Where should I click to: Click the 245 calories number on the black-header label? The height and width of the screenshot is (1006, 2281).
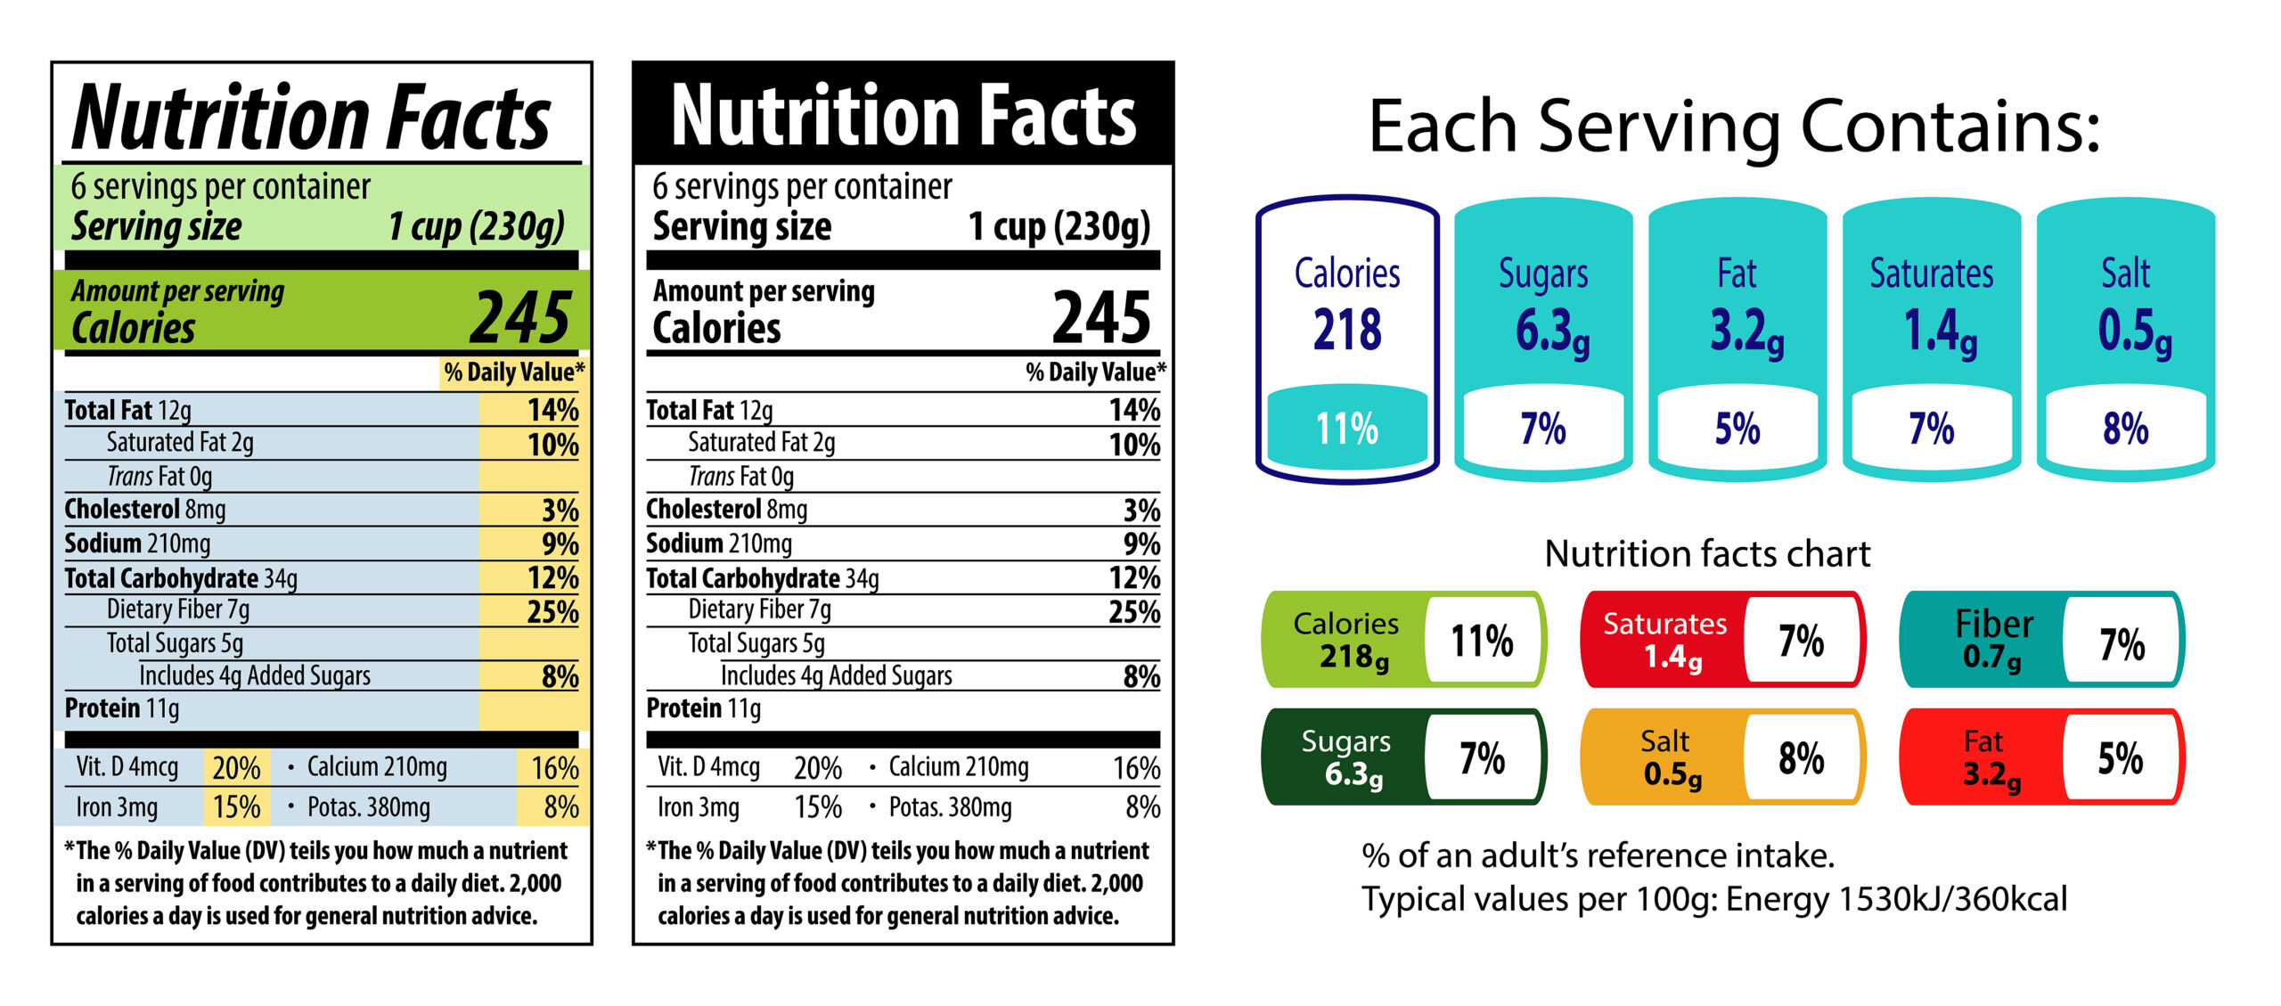click(x=1101, y=317)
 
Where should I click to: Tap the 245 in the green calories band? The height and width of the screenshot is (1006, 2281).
click(x=520, y=317)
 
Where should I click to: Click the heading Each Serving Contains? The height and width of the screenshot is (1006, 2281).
click(x=1733, y=127)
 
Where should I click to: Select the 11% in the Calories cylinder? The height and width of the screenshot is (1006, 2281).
click(x=1347, y=429)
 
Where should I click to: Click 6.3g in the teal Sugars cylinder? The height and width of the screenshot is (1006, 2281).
click(x=1551, y=331)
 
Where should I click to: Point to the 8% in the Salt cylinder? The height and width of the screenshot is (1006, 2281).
click(x=2125, y=429)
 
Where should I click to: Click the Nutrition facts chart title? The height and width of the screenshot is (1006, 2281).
click(x=1707, y=554)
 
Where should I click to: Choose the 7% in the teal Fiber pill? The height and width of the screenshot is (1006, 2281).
click(x=2122, y=644)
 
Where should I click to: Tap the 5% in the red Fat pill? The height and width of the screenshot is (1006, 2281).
click(x=2120, y=758)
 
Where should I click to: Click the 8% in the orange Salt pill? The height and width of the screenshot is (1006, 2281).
click(x=1801, y=758)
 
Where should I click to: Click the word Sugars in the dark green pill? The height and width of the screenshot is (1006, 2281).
click(x=1345, y=741)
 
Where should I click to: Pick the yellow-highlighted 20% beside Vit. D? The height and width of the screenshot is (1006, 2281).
click(x=236, y=768)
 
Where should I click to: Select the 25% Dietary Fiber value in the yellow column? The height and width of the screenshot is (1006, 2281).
click(x=552, y=612)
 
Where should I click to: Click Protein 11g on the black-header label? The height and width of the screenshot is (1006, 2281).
click(x=703, y=709)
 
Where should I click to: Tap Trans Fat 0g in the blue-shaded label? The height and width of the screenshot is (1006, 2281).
click(x=159, y=477)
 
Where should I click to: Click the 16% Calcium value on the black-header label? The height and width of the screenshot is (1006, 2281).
click(x=1136, y=768)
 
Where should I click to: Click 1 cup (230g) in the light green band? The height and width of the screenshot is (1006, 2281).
click(x=476, y=226)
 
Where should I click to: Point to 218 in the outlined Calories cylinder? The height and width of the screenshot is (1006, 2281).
click(x=1347, y=330)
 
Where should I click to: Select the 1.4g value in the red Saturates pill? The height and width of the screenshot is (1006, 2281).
click(x=1672, y=658)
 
